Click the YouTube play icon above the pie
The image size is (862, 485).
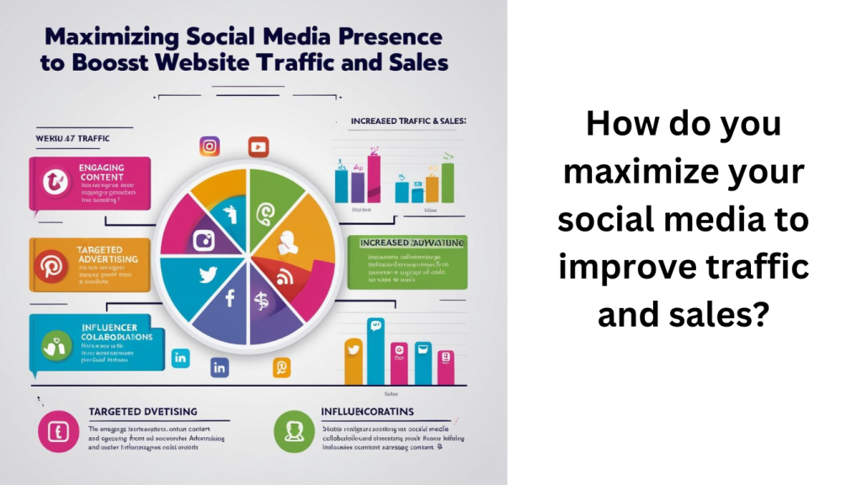(x=258, y=147)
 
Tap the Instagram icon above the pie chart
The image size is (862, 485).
(x=210, y=147)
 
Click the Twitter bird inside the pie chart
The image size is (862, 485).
(x=207, y=274)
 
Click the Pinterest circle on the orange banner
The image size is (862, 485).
(x=49, y=267)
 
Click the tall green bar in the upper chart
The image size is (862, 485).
(x=448, y=182)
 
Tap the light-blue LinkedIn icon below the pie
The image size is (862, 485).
(x=179, y=360)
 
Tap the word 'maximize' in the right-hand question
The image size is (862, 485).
(x=684, y=173)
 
